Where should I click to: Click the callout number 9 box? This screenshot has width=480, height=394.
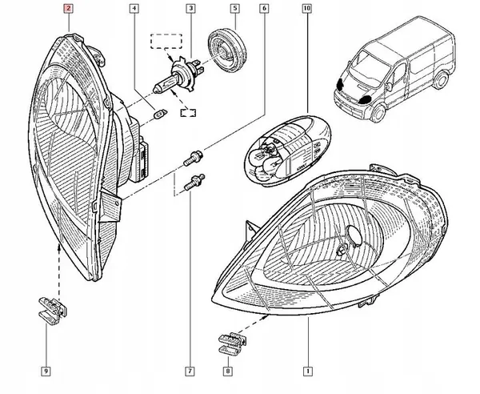point(46,371)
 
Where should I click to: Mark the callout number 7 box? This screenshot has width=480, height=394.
point(190,371)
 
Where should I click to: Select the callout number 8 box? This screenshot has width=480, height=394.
point(230,371)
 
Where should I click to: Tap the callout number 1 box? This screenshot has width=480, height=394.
point(308,371)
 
